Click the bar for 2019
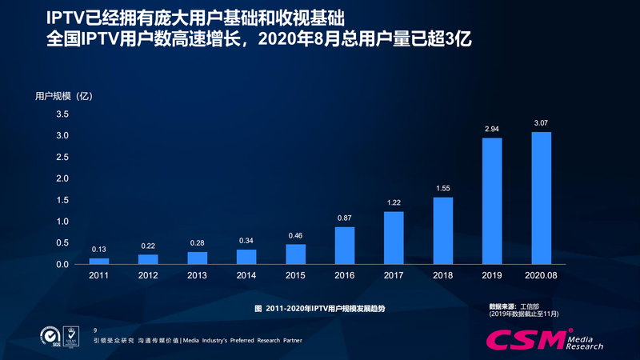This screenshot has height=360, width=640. point(492,201)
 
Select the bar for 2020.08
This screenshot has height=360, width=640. point(542,198)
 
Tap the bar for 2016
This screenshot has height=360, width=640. point(344,246)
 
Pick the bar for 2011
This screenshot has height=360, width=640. point(98,261)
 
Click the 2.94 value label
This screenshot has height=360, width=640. point(492,129)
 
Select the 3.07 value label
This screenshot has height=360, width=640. point(542,123)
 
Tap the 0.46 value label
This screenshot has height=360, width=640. point(295,235)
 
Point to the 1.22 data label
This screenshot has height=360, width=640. point(394,202)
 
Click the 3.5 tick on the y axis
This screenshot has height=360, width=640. point(62,114)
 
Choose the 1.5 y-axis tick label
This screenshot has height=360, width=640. point(62,200)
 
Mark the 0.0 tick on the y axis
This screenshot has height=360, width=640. point(62,264)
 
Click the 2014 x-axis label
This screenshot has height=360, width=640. point(246,275)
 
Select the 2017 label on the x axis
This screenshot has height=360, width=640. point(394,275)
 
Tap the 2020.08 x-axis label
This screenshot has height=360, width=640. point(542,275)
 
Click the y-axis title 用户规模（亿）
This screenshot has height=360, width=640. point(65,96)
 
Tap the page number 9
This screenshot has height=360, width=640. point(95,330)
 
